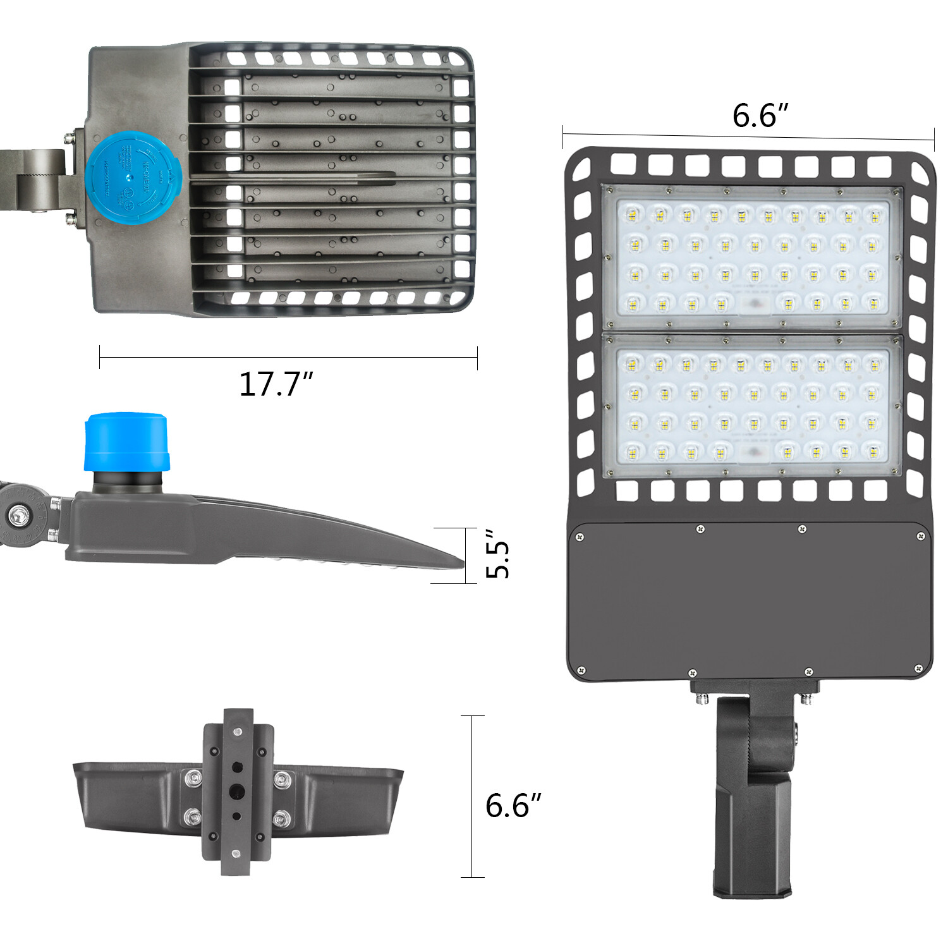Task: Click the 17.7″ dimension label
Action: [x=276, y=384]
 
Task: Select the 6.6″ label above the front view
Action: [x=760, y=116]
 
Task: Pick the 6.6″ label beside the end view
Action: [x=513, y=805]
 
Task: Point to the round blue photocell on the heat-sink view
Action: [x=133, y=173]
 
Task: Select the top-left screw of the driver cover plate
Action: [x=580, y=538]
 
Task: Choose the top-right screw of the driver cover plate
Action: [x=921, y=537]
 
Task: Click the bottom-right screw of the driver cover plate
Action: [x=919, y=668]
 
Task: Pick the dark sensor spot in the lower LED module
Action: [x=753, y=452]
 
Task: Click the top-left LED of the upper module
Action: [x=632, y=216]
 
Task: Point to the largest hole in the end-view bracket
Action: [x=237, y=791]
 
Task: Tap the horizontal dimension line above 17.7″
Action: [x=288, y=358]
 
